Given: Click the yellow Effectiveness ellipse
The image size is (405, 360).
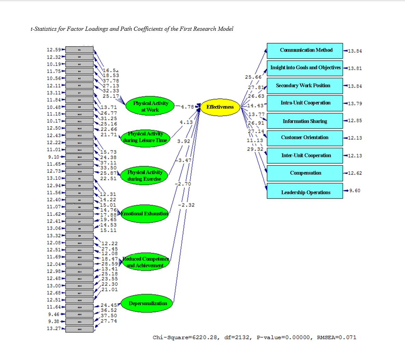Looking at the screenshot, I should coord(220,107).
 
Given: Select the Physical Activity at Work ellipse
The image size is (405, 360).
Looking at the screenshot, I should coord(150,106).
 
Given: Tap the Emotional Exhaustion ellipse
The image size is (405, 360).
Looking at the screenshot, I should coord(145,214).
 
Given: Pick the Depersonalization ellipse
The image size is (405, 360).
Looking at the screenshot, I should coord(148,303).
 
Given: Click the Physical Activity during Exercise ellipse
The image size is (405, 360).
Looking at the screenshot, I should coord(144,175).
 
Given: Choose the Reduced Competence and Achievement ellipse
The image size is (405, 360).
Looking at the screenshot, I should coord(145,262).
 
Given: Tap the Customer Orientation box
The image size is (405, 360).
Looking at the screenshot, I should coord(305,137).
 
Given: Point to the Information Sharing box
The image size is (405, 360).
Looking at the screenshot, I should coord(305,121).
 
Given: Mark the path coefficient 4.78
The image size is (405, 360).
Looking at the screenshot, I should coord(187,107).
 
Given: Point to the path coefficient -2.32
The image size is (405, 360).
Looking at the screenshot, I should coord(186,205).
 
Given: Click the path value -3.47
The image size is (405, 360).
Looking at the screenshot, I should coord(185,160).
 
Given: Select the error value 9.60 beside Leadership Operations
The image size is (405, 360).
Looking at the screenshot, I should coord(354,190).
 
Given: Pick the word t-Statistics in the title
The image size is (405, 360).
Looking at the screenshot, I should coord(43,29).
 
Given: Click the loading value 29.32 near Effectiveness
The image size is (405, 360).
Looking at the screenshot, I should coord(255,149).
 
